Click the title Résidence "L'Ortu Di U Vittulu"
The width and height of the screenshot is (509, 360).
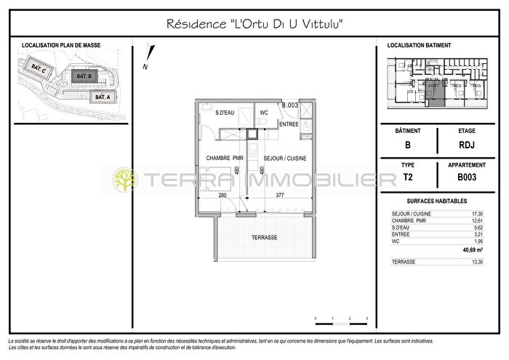coord(254,24)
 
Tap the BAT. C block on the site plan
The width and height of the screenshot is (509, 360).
coord(40,69)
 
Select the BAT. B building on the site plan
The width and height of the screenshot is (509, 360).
coord(84,76)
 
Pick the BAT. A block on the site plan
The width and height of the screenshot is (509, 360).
coord(101,96)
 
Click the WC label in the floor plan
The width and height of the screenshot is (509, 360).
coord(265,113)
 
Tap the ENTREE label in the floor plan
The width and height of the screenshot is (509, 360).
coord(288,124)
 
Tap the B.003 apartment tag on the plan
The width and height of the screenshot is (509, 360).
coord(290,105)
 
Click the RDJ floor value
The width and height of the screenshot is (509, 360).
coord(468,145)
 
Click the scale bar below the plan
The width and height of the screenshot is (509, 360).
coord(341,318)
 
